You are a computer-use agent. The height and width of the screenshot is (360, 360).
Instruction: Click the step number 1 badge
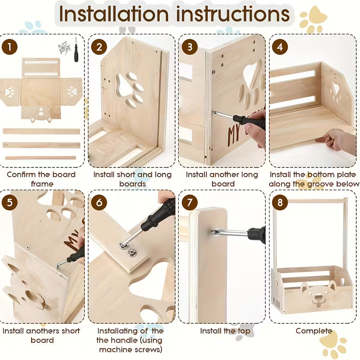pos(9,47)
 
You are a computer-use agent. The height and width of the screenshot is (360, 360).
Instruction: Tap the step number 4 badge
pos(279,47)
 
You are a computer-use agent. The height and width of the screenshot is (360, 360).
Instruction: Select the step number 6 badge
pos(99,202)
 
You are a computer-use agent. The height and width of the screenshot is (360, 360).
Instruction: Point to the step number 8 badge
pos(279,202)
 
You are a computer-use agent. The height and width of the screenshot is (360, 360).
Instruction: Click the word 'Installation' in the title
pos(114,14)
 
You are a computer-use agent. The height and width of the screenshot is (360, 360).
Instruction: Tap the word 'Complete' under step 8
pos(314,331)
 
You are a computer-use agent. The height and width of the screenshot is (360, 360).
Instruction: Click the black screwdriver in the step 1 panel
pos(76,50)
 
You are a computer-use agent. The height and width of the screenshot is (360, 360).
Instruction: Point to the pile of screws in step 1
pos(64,48)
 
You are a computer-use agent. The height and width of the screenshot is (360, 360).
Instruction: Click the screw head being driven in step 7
pos(213,232)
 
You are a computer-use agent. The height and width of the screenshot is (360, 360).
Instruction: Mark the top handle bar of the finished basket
pos(310,201)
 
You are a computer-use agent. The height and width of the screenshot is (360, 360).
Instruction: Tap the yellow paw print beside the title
pos(313,20)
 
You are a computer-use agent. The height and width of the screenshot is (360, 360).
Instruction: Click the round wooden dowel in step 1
pos(40,158)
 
